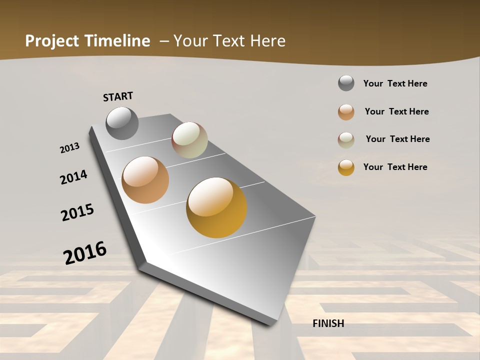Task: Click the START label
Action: pyautogui.click(x=118, y=96)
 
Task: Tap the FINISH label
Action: pyautogui.click(x=328, y=323)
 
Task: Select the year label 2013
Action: pyautogui.click(x=69, y=148)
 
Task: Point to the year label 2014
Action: pyautogui.click(x=73, y=177)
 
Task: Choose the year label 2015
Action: pyautogui.click(x=77, y=212)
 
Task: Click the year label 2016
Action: pyautogui.click(x=85, y=252)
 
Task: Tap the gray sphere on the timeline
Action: pyautogui.click(x=122, y=123)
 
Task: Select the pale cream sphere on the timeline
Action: pyautogui.click(x=189, y=140)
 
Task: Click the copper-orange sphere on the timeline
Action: pyautogui.click(x=145, y=180)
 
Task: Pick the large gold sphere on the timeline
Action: pyautogui.click(x=216, y=207)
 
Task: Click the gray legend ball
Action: pyautogui.click(x=346, y=83)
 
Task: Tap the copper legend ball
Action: pyautogui.click(x=346, y=112)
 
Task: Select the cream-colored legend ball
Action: pyautogui.click(x=346, y=140)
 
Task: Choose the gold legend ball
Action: pyautogui.click(x=346, y=167)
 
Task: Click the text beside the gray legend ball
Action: pyautogui.click(x=395, y=83)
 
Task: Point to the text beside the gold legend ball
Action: pyautogui.click(x=395, y=167)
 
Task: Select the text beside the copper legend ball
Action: pyautogui.click(x=396, y=111)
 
